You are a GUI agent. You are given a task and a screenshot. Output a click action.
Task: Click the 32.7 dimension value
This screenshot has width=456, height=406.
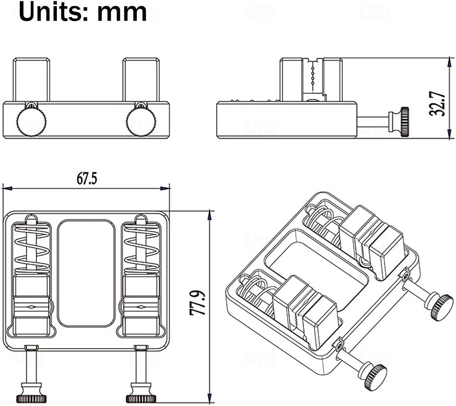pos(437,104)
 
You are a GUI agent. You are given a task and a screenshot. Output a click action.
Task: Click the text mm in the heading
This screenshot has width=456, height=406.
pos(122,12)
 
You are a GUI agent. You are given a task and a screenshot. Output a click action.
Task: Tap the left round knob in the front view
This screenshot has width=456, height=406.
pos(31,122)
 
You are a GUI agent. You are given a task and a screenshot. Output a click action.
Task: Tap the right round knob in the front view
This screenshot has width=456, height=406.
pos(141,122)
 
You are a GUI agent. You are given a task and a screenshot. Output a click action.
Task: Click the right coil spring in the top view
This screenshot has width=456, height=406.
pos(141,249)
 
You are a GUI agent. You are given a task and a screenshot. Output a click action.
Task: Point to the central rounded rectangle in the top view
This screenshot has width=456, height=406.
pos(86,273)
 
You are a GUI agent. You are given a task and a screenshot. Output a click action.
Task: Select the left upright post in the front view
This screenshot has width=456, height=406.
pos(31,79)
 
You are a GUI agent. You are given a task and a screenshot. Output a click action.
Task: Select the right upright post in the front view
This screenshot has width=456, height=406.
pos(141,79)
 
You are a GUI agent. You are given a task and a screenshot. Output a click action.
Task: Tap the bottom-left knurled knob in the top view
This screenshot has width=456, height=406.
pos(31,398)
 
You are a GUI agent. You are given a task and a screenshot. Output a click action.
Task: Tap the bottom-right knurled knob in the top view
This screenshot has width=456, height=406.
pos(141,398)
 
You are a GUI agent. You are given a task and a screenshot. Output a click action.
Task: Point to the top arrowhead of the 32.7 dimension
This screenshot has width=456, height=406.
pos(449,61)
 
